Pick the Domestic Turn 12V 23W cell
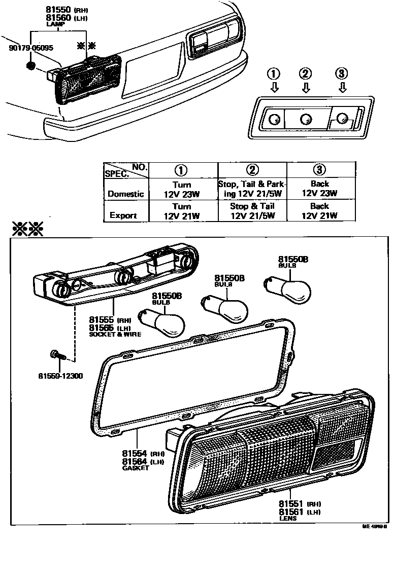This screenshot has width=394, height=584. click(182, 189)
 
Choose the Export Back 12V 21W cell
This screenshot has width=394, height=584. click(319, 211)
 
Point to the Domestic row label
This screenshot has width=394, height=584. click(125, 194)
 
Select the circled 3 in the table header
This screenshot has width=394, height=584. click(319, 170)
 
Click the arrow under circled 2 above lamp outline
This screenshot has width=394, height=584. click(306, 88)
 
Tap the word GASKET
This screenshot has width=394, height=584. click(136, 468)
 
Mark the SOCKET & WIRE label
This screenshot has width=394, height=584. click(115, 335)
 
